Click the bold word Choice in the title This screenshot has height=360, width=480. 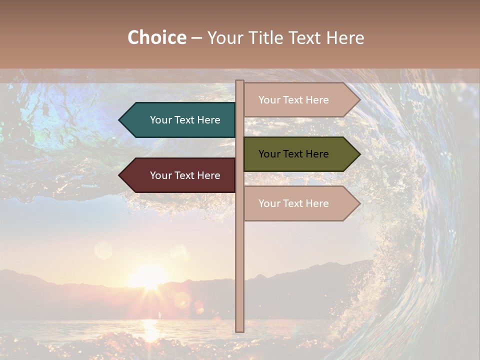coord(156,38)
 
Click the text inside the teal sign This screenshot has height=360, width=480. coord(185,120)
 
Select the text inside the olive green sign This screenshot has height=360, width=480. coord(293,154)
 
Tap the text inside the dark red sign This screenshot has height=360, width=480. coord(185,175)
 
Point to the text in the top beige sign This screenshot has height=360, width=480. coord(293,100)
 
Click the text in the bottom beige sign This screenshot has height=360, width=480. coord(293,203)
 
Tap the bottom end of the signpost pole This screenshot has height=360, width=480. coord(239,330)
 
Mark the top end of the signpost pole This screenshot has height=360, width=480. coord(239,82)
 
